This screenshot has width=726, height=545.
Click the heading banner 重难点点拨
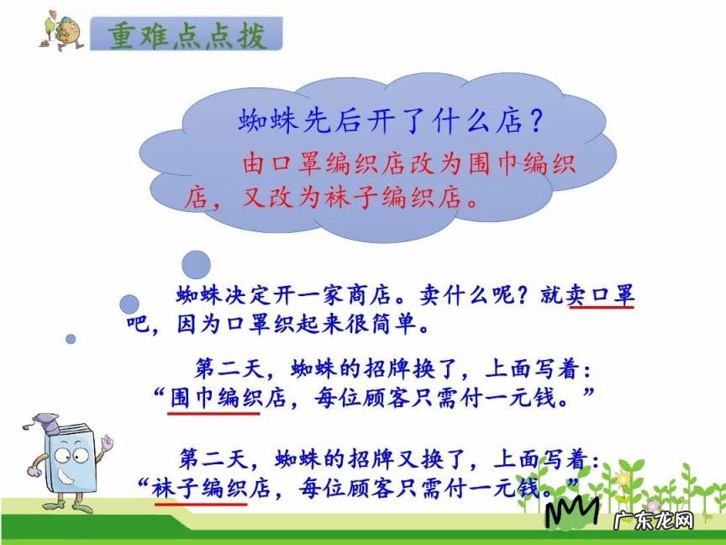[x=187, y=34]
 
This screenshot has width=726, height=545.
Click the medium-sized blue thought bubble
[x=129, y=304]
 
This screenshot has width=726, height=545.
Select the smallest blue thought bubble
[x=71, y=339]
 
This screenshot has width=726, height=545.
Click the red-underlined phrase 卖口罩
[x=602, y=296]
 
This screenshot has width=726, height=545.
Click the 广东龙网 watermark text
[x=655, y=521]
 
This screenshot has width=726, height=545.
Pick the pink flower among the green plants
[x=623, y=479]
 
